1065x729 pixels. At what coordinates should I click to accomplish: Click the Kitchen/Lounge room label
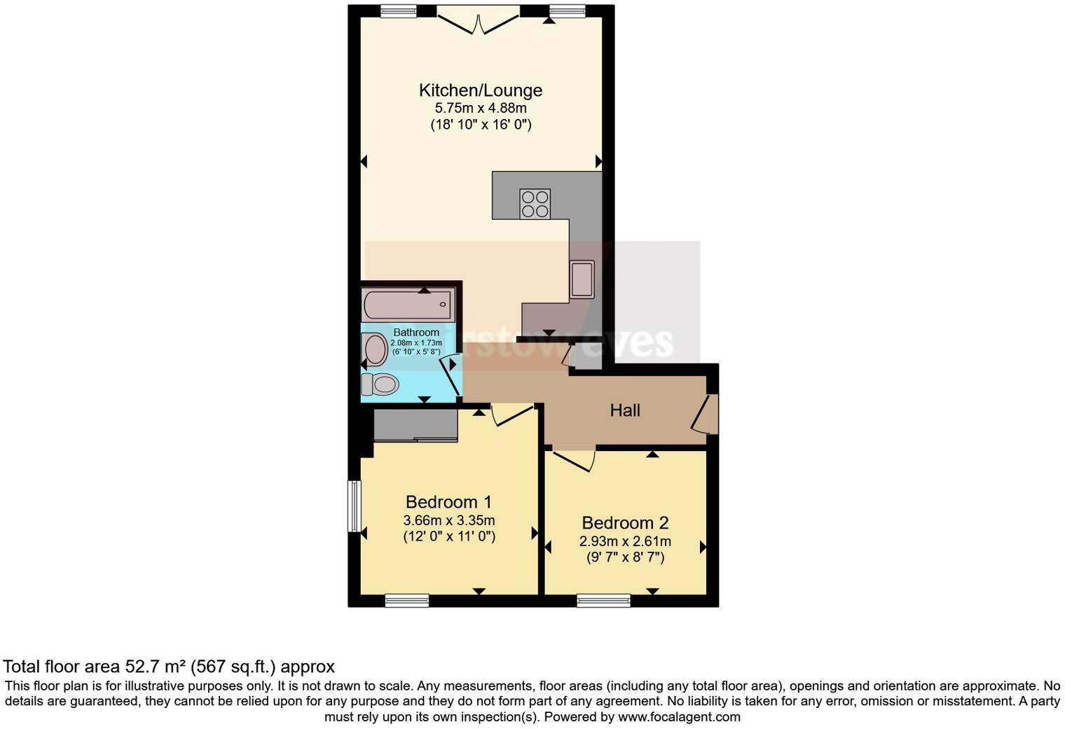(481, 90)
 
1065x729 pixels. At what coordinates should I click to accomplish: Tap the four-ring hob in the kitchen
(534, 203)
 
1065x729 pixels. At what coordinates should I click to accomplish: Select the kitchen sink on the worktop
(582, 279)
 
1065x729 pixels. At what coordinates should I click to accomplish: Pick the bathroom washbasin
(376, 349)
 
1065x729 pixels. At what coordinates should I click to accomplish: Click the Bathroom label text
(416, 332)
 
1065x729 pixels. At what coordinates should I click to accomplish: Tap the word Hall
(624, 410)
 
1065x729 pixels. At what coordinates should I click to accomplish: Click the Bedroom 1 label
(448, 502)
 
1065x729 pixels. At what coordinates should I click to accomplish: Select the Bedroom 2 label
(625, 523)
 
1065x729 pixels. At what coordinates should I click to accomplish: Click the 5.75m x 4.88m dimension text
(481, 109)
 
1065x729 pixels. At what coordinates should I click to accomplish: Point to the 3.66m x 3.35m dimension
(448, 520)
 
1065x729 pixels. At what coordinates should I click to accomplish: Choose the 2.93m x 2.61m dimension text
(625, 541)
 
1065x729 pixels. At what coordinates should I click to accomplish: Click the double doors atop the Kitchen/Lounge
(478, 21)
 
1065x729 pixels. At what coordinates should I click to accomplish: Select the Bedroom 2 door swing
(575, 459)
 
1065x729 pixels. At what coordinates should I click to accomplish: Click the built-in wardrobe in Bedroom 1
(415, 426)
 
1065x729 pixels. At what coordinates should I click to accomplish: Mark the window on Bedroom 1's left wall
(355, 506)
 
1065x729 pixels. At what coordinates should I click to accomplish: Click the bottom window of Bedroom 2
(603, 600)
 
